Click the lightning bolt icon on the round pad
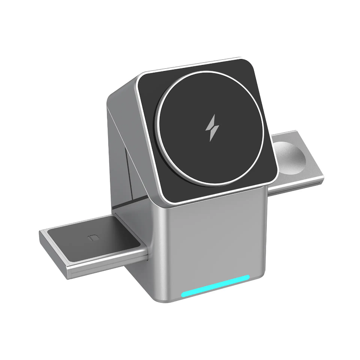point(212,128)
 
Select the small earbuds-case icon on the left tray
point(94,238)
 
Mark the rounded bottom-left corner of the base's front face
point(167,298)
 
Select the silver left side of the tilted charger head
point(130,110)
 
